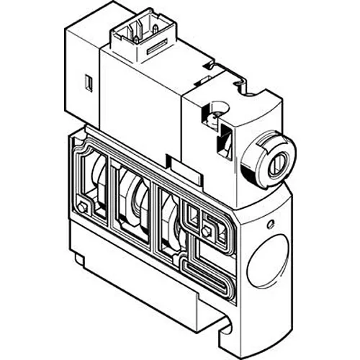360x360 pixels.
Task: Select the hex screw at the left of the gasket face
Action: (85, 209)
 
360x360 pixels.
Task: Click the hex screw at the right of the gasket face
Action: (208, 231)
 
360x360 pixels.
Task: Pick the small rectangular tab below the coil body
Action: (171, 163)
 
